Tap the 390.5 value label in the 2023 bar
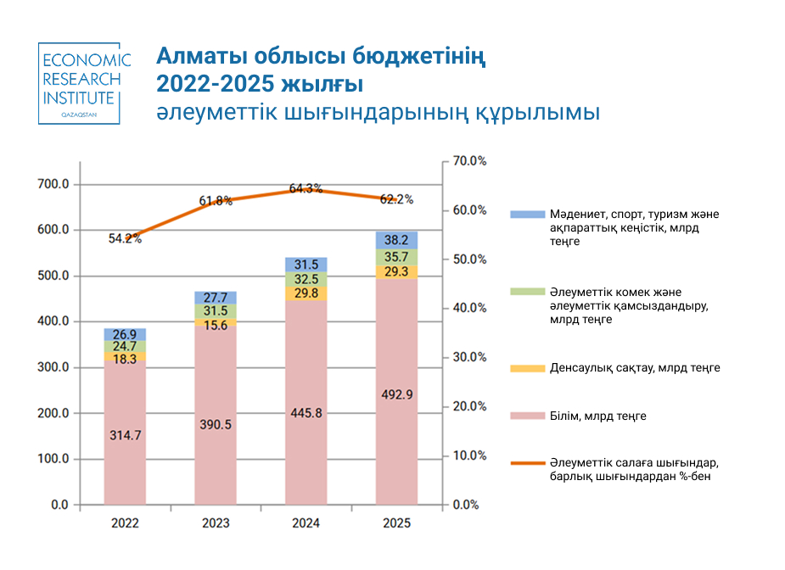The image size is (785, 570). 216,424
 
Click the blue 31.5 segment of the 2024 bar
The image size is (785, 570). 306,265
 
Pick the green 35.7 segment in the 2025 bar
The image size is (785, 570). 396,256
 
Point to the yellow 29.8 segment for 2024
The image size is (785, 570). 306,293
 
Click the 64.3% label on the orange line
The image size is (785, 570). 306,188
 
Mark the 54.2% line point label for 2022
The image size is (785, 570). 125,238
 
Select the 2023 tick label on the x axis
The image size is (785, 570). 216,523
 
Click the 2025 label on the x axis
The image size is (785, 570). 396,523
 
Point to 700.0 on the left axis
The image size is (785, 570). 53,184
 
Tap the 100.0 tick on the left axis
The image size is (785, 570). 53,459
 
